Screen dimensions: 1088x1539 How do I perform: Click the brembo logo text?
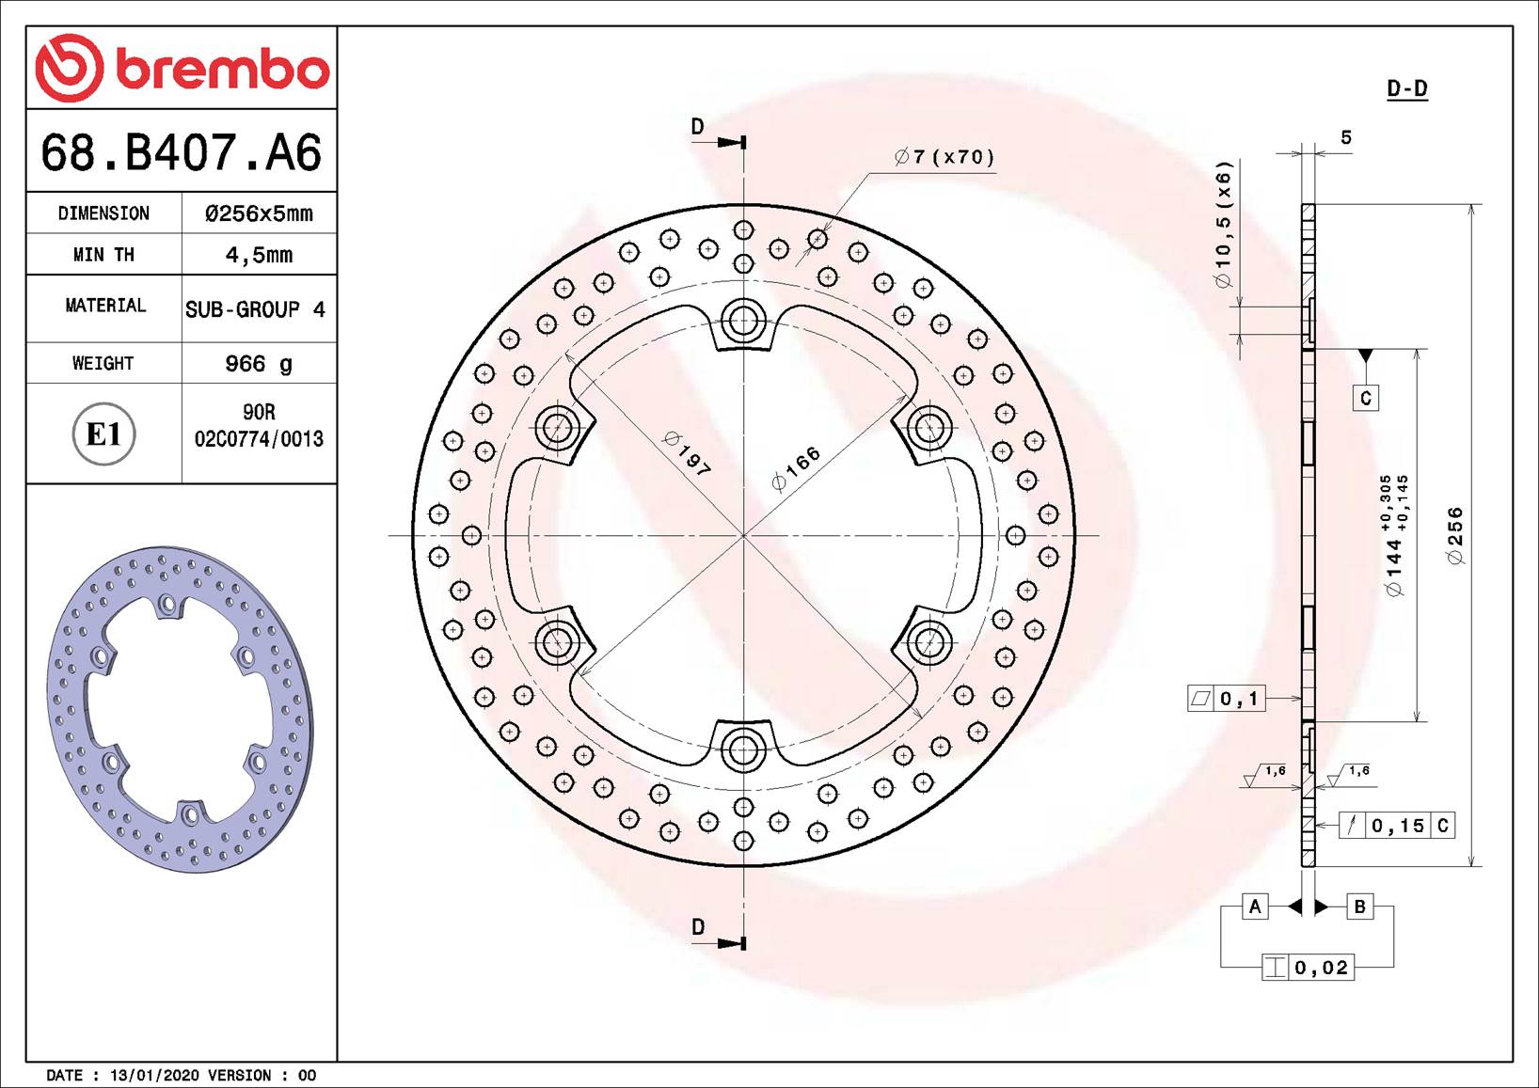pos(222,69)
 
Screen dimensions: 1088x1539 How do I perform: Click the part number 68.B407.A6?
pos(182,152)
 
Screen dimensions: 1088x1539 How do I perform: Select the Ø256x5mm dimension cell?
pos(259,213)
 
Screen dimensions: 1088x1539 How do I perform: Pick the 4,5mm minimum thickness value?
pos(259,255)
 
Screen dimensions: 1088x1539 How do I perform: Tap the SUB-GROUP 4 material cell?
pos(255,309)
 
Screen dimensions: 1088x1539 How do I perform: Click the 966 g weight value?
pos(259,364)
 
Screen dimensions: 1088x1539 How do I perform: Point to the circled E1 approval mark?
pos(103,434)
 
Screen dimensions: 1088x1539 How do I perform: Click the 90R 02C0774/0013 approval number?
pos(259,426)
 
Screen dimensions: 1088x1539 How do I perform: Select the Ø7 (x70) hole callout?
pos(944,157)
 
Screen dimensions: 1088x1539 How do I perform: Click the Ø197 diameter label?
pos(687,453)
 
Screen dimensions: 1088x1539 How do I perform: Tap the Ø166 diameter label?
pos(796,468)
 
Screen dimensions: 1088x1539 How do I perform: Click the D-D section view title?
pos(1406,89)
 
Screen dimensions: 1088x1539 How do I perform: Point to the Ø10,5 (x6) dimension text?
pos(1223,225)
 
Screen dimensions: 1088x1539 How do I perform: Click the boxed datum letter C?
pos(1366,398)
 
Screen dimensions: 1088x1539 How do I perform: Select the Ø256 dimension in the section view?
pos(1455,535)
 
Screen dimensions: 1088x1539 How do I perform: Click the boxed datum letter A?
pos(1255,907)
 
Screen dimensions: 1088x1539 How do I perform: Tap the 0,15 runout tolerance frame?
pos(1397,826)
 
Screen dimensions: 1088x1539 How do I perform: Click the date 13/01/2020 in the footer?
pos(154,1075)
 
